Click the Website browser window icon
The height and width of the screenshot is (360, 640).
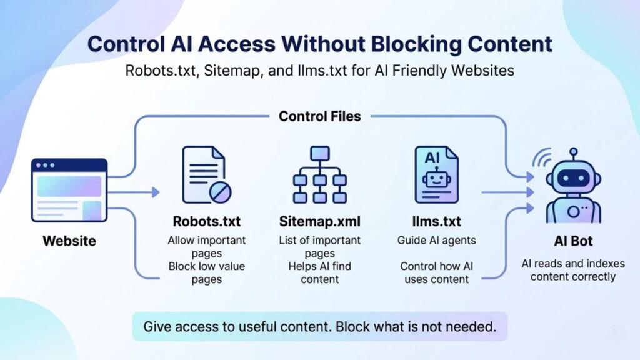(x=69, y=190)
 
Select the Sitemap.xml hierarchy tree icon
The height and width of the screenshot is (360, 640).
(x=319, y=175)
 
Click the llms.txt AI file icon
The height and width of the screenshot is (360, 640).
(x=436, y=175)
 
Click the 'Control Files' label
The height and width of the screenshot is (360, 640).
(x=319, y=116)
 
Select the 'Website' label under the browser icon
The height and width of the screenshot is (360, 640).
(x=69, y=240)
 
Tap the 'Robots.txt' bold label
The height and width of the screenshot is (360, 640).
(x=206, y=222)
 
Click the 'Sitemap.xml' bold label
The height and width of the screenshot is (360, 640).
(x=321, y=222)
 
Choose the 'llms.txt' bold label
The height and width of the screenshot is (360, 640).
(x=436, y=222)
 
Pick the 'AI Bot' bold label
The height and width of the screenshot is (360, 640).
(x=573, y=241)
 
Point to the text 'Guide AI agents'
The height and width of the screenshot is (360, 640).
(x=436, y=240)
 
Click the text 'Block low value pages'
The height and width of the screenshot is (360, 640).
(x=207, y=273)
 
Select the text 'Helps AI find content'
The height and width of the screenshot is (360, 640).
(x=321, y=273)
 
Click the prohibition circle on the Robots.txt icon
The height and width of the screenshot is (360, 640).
(x=219, y=192)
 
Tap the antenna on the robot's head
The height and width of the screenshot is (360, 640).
(x=573, y=151)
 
